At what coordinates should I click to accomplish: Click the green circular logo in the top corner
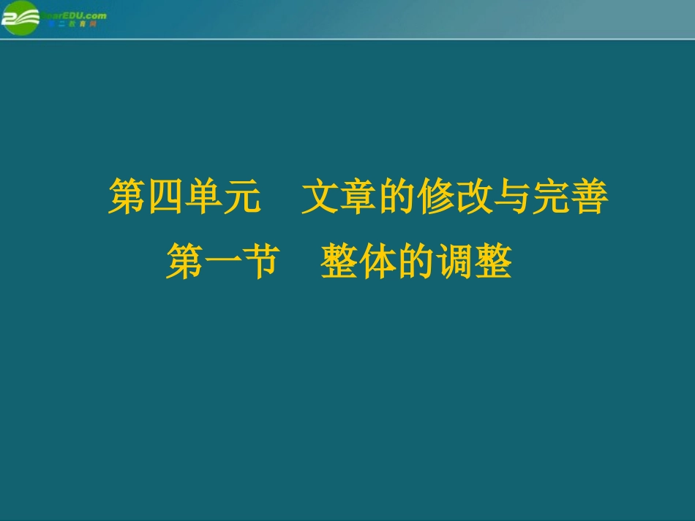pyautogui.click(x=20, y=17)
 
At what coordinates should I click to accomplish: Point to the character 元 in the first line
pyautogui.click(x=241, y=198)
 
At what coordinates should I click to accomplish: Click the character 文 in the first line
pyautogui.click(x=320, y=198)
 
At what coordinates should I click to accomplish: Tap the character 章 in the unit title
pyautogui.click(x=358, y=198)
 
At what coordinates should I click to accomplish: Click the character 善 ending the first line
pyautogui.click(x=589, y=198)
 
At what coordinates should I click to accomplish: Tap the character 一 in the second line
pyautogui.click(x=223, y=262)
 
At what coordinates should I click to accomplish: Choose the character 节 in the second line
pyautogui.click(x=261, y=262)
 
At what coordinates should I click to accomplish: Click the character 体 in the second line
pyautogui.click(x=377, y=262)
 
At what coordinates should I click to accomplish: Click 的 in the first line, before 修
pyautogui.click(x=397, y=198)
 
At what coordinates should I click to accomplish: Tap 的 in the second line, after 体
pyautogui.click(x=416, y=262)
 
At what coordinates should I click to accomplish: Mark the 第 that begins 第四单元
pyautogui.click(x=127, y=198)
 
